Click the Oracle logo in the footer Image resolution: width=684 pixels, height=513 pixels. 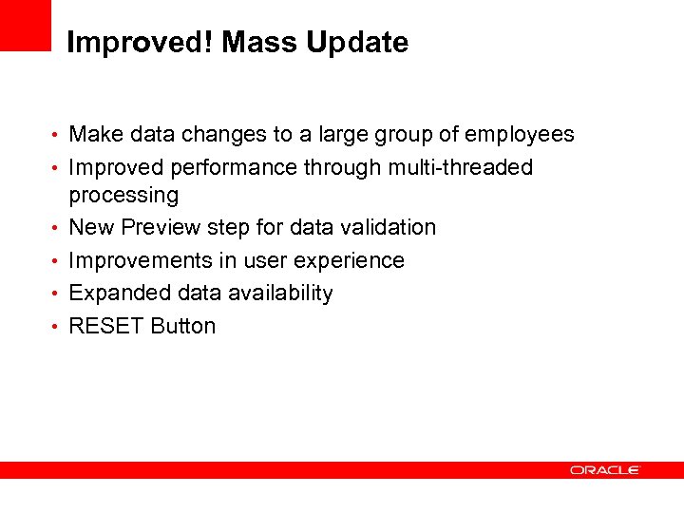coord(605,469)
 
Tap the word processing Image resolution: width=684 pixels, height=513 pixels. coord(123,196)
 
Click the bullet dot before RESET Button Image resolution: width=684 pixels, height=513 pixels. coord(57,327)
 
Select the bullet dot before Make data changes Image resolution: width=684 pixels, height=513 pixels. coord(57,136)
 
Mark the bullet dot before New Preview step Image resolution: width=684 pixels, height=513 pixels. coord(57,229)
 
